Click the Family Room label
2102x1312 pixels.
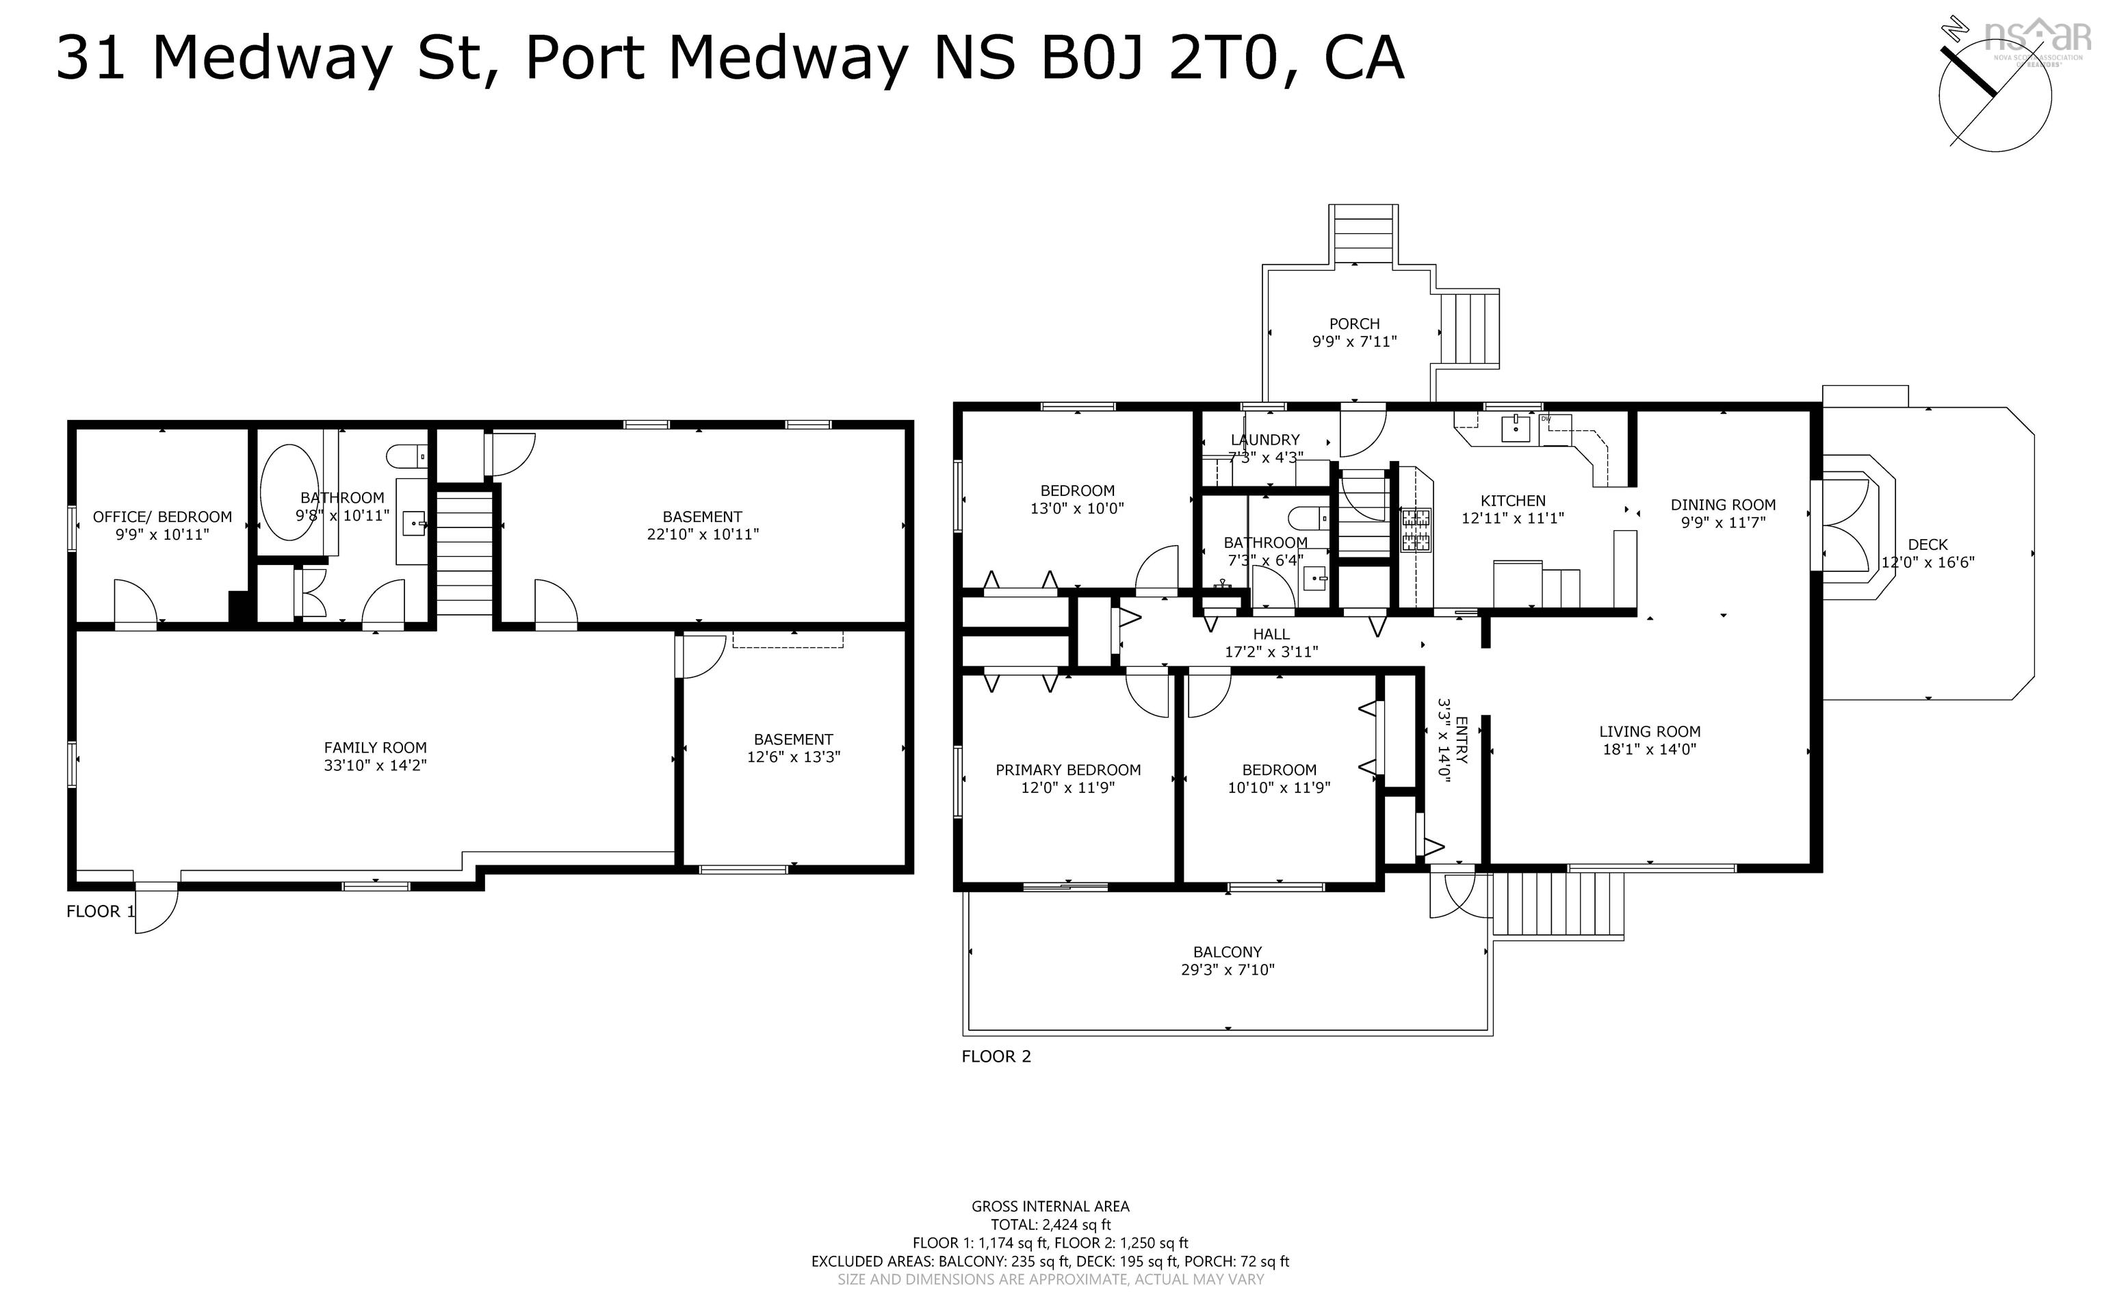(375, 747)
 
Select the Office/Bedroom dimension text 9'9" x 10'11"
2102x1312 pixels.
(162, 534)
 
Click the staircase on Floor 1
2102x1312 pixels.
(465, 552)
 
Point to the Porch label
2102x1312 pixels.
(1354, 324)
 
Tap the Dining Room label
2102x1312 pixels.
(1723, 504)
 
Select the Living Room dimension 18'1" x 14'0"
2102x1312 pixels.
(1649, 750)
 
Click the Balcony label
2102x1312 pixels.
(1227, 952)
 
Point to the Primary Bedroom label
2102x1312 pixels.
(1067, 770)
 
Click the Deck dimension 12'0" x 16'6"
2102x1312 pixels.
(1928, 562)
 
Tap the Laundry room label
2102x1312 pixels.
(1264, 440)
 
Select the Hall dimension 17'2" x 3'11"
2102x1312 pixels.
(1271, 653)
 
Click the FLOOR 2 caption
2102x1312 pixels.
(996, 1056)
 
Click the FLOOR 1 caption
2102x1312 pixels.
(101, 911)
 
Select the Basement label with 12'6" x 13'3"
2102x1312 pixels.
(793, 739)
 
